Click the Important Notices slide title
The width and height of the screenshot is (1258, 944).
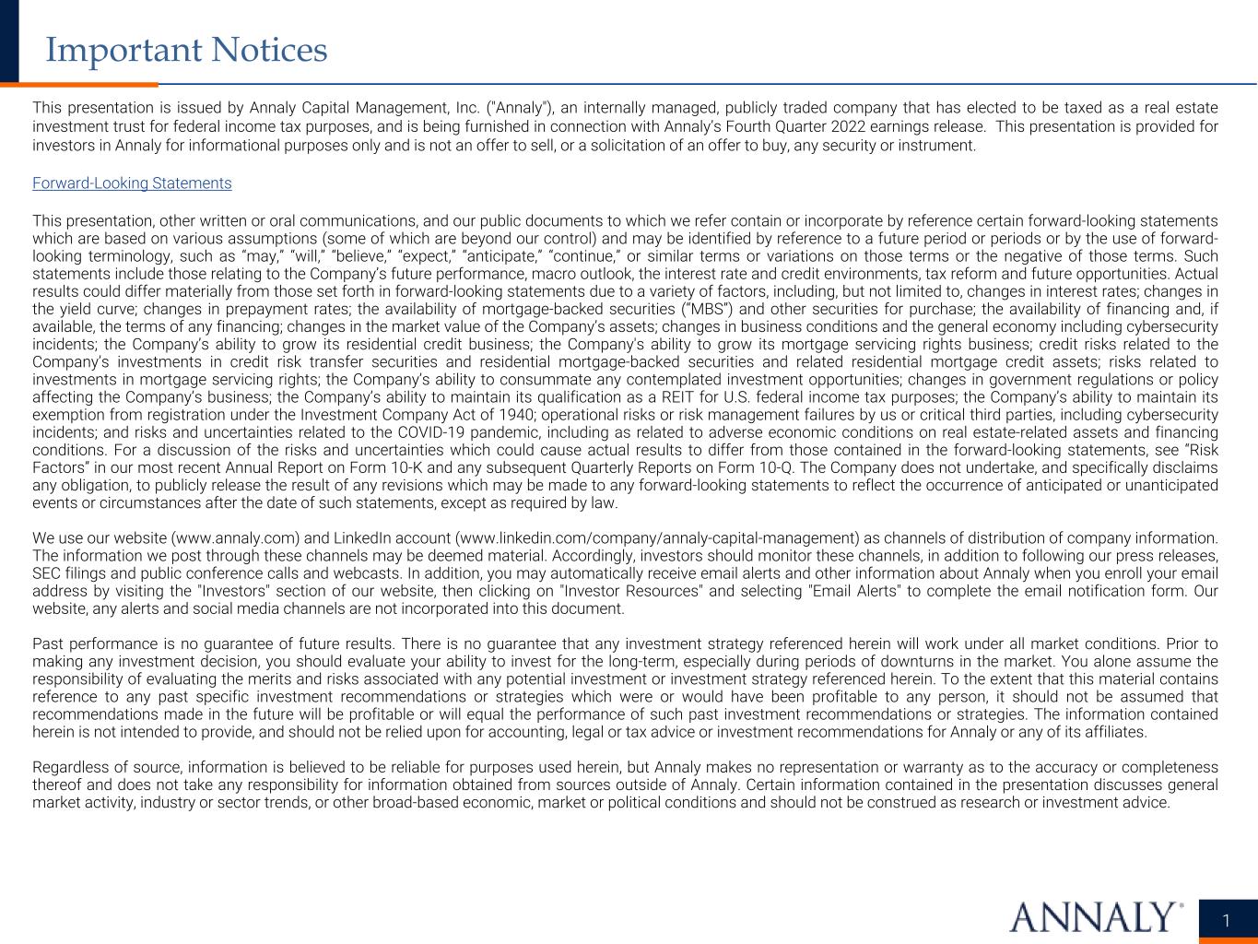186,50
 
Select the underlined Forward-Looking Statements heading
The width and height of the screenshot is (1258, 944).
132,183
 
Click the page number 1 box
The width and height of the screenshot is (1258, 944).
1227,920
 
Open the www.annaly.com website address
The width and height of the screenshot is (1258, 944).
235,538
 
